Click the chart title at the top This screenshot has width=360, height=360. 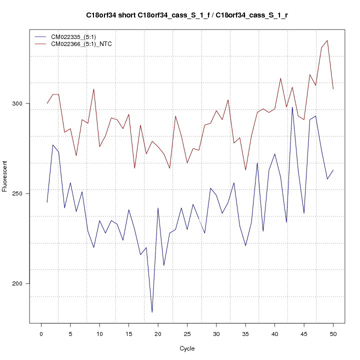(186, 15)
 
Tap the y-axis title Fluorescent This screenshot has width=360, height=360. (5, 176)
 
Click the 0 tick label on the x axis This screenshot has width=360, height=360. (41, 334)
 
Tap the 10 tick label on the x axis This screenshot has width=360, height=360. (99, 334)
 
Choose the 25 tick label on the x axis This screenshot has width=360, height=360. (187, 334)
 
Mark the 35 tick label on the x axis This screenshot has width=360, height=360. (245, 334)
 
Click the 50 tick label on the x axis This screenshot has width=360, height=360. (333, 334)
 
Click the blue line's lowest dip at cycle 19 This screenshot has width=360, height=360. (152, 312)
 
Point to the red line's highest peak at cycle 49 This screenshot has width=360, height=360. (327, 40)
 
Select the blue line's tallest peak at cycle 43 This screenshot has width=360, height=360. (292, 107)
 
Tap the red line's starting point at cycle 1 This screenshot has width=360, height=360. (47, 103)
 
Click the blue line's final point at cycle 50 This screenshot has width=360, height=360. (333, 170)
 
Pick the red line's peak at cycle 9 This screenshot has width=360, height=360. (93, 89)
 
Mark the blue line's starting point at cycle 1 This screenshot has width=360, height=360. (47, 202)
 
